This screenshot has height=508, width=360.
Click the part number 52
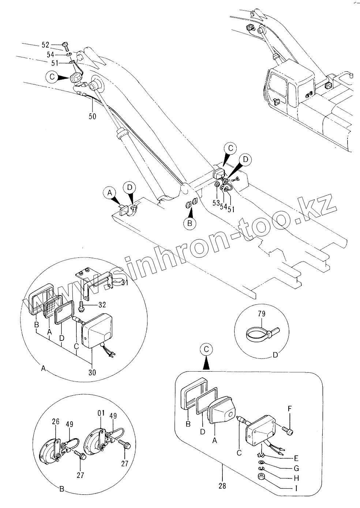click(x=45, y=45)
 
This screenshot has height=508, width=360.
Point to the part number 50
click(x=93, y=116)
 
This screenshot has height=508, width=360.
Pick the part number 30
click(x=92, y=373)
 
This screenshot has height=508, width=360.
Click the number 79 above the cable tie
click(x=261, y=313)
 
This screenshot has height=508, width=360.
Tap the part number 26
click(x=56, y=422)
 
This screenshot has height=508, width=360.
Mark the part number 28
click(x=222, y=486)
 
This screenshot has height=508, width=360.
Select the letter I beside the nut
click(x=296, y=488)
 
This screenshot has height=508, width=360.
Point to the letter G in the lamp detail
click(x=296, y=469)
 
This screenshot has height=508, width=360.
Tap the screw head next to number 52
click(x=66, y=45)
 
